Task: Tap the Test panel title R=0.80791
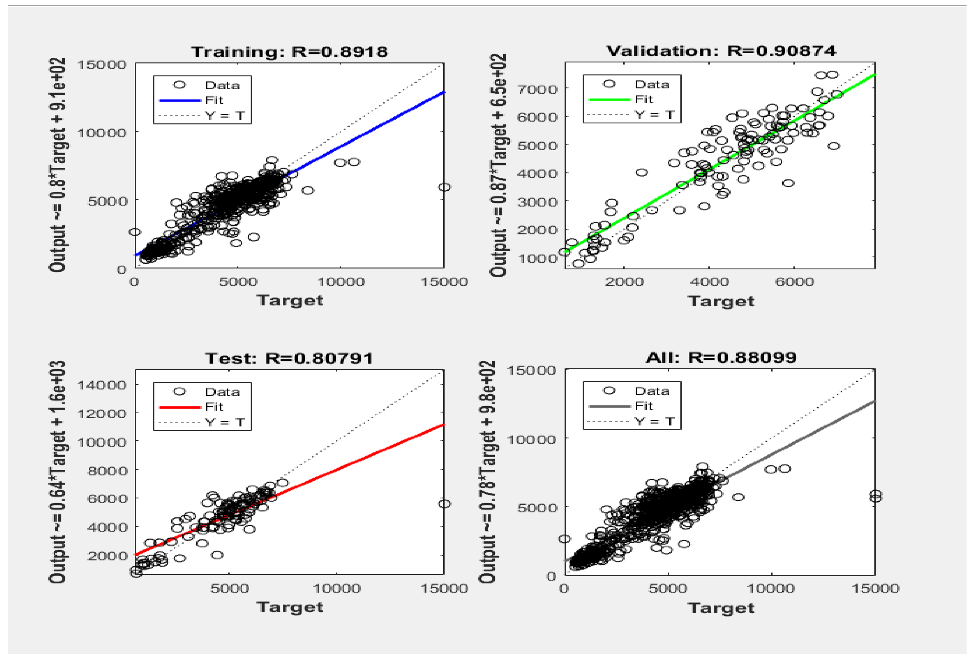[289, 358]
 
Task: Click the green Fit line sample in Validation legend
[609, 100]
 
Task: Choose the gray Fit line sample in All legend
[609, 406]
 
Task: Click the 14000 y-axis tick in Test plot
[102, 385]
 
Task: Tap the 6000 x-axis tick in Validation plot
[794, 282]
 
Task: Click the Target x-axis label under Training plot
[290, 300]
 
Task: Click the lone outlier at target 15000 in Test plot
[444, 504]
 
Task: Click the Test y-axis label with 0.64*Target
[58, 471]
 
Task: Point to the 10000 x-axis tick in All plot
[771, 588]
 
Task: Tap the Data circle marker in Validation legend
[609, 84]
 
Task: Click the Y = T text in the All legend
[654, 421]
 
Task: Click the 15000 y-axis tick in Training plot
[102, 65]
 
